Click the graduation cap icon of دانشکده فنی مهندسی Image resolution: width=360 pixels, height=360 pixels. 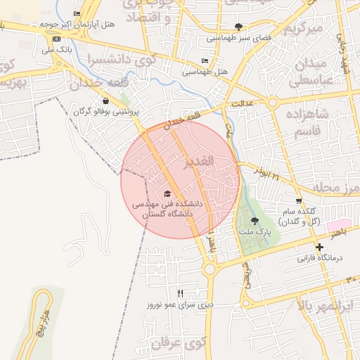coord(167,193)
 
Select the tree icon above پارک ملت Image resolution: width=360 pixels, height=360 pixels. coord(254,221)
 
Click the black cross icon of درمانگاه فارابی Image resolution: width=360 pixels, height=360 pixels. coord(320,247)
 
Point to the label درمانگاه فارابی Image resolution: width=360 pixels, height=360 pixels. coord(319,258)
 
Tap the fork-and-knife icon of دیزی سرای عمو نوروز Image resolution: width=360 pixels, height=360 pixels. coord(180,293)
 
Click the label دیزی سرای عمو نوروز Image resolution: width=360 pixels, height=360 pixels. coord(179,304)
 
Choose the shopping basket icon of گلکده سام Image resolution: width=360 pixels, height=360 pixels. coord(300,200)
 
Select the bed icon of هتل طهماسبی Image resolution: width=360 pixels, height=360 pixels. coord(205,61)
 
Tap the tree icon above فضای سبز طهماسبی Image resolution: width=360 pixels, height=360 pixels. coord(239,27)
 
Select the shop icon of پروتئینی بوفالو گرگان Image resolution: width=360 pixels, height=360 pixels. coord(105,101)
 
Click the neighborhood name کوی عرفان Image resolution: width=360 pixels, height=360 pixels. coord(176,344)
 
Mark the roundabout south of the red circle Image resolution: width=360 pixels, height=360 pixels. coord(209,269)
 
